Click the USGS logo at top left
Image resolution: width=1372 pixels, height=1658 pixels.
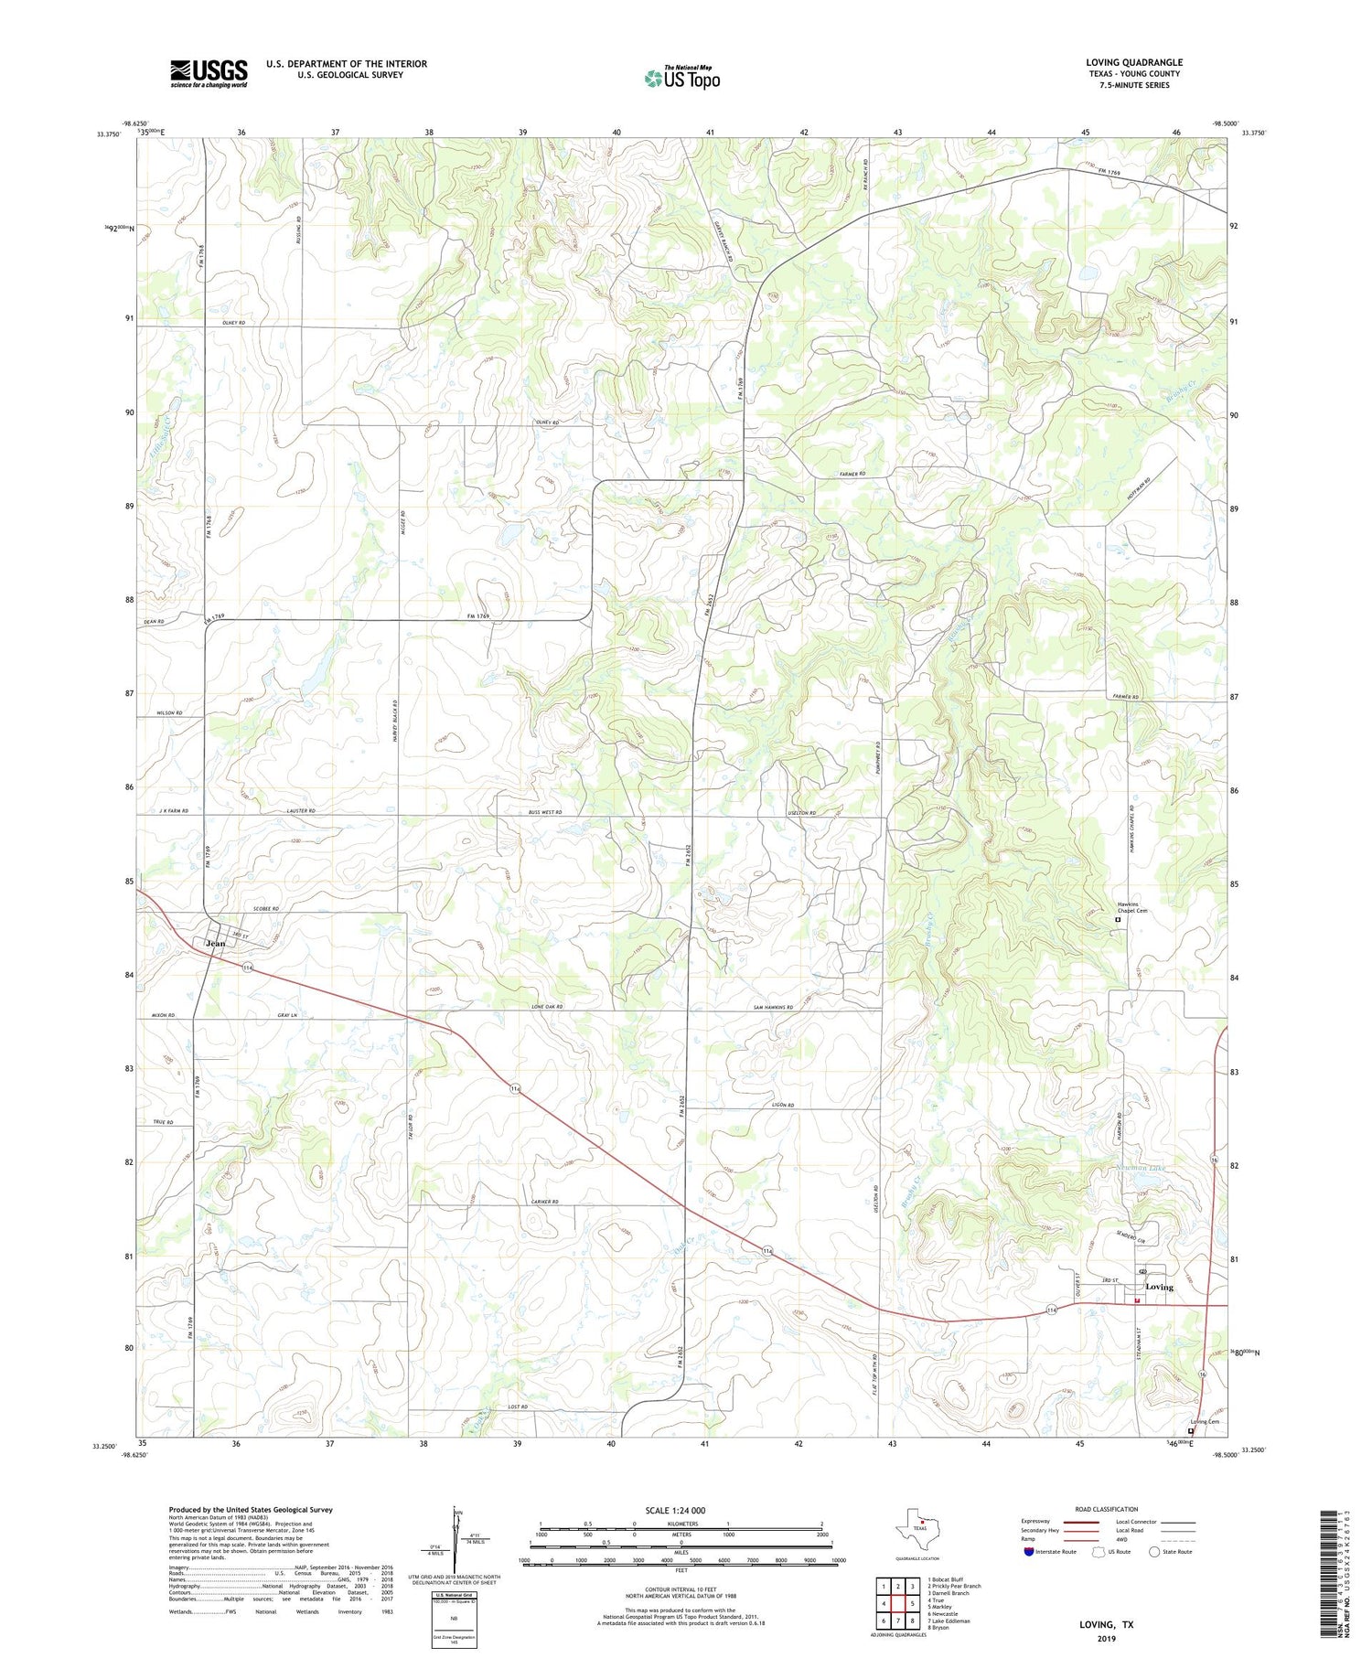(x=209, y=73)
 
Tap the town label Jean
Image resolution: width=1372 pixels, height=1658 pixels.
(x=215, y=944)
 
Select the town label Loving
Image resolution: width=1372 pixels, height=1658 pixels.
(x=1159, y=1287)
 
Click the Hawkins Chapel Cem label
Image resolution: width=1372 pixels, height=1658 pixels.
(x=1131, y=907)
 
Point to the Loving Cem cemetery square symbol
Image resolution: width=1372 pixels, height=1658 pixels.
(x=1190, y=1431)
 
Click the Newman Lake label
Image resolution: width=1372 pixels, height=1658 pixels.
(x=1141, y=1169)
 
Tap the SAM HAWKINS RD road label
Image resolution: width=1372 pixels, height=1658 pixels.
(x=773, y=1007)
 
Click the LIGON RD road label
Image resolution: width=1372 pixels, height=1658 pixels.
(x=784, y=1106)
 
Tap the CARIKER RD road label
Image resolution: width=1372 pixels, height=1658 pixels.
(x=543, y=1202)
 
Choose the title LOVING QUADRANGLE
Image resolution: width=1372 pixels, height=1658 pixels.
(x=1134, y=62)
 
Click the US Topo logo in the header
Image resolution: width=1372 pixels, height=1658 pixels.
(x=682, y=79)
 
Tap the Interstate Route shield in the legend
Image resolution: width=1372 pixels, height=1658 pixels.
(x=1028, y=1552)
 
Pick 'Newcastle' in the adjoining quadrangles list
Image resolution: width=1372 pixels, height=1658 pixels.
(x=943, y=1614)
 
